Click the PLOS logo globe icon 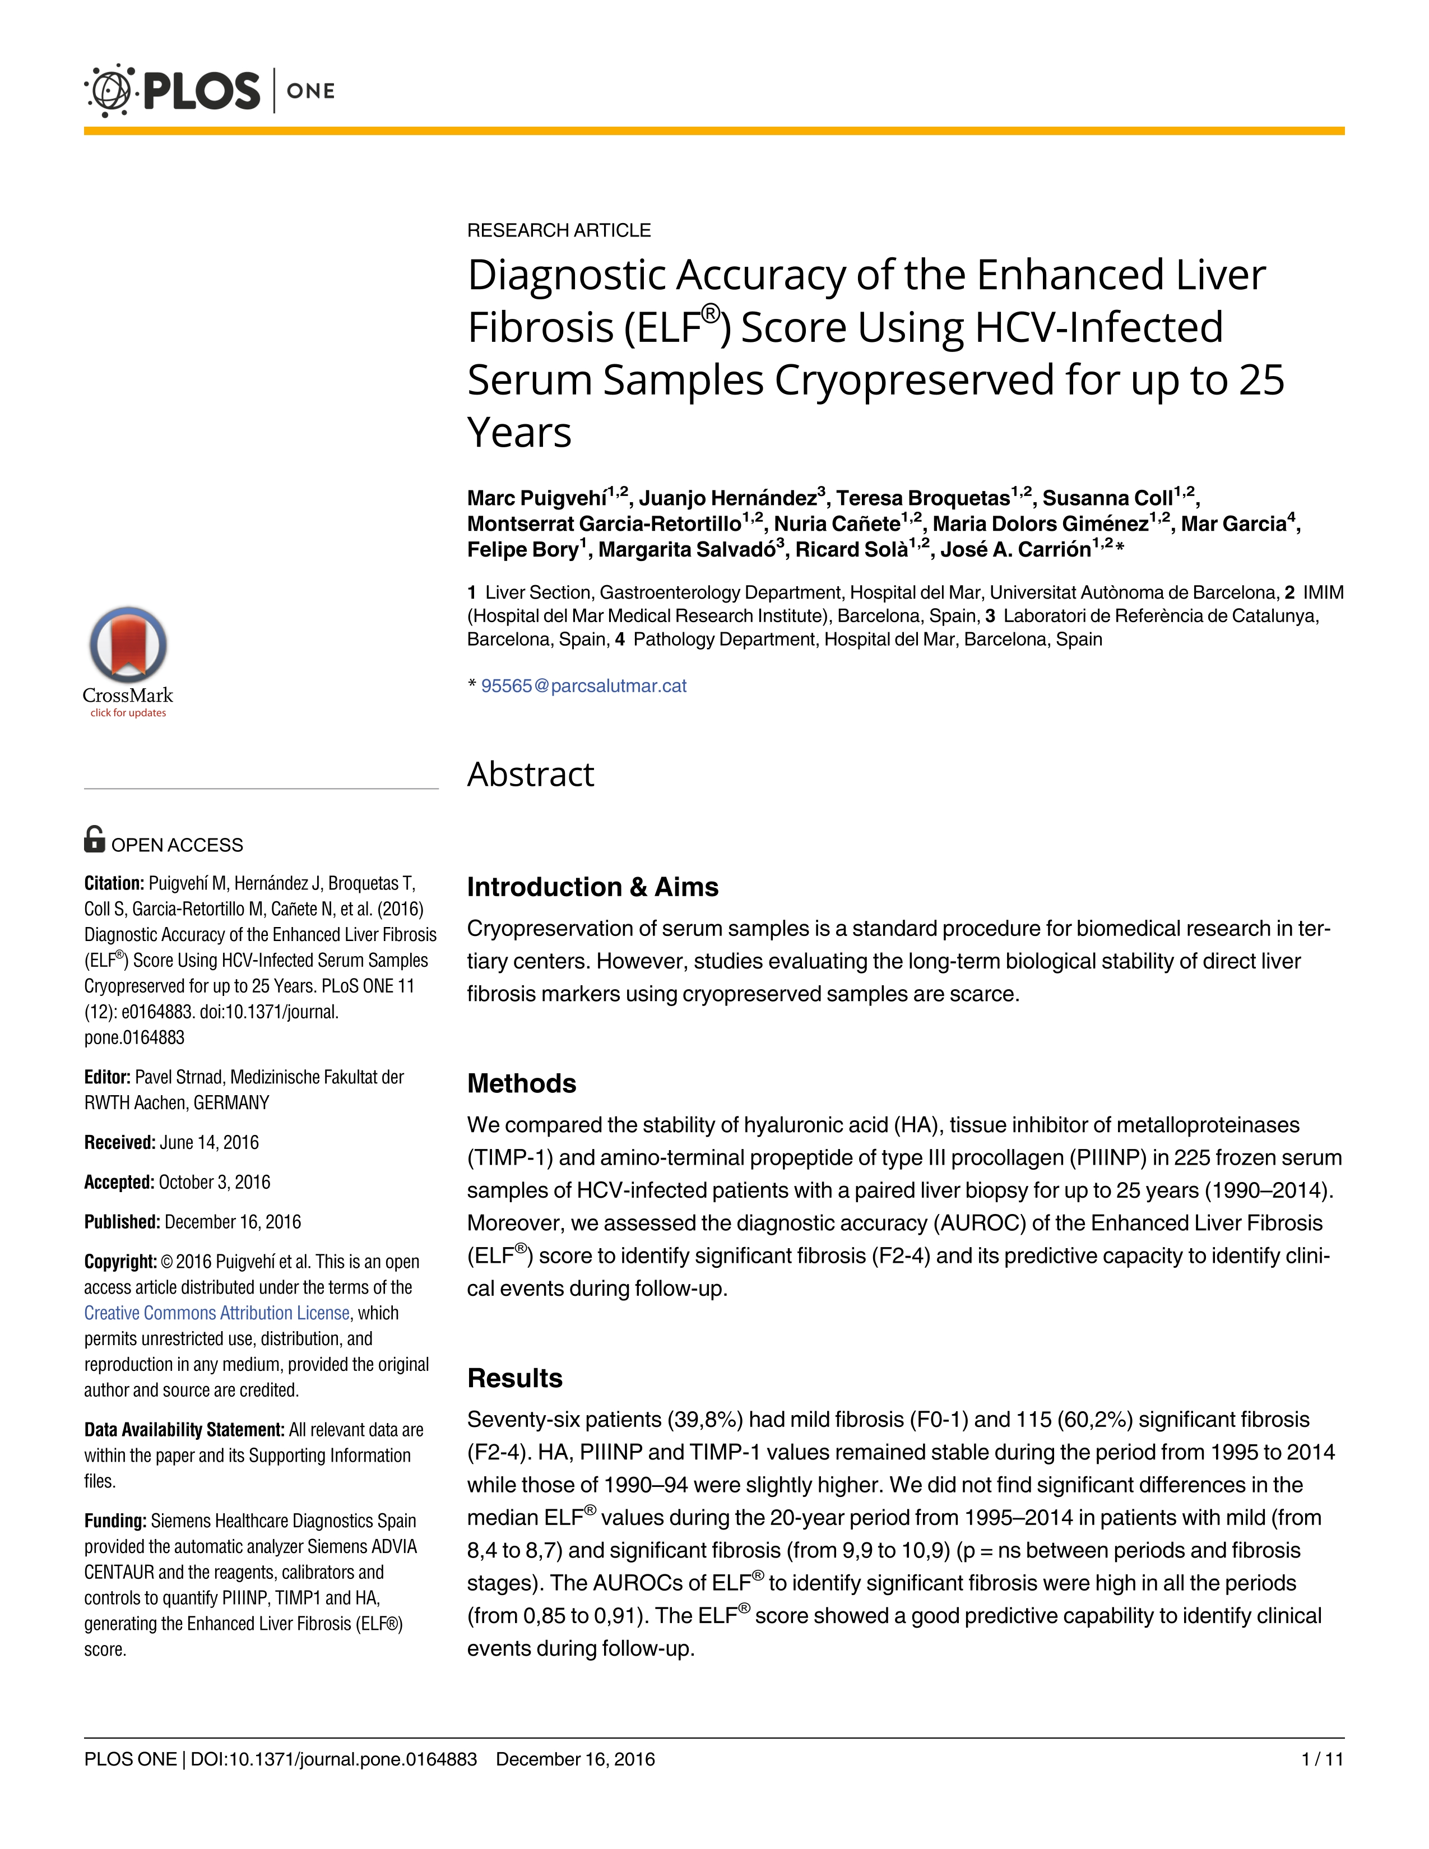point(109,90)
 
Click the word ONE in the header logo point(310,91)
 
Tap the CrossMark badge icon point(128,645)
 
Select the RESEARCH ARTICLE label point(559,230)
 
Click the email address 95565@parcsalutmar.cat point(583,686)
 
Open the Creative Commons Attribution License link point(217,1313)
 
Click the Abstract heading point(530,774)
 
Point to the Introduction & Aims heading point(592,887)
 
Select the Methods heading point(522,1083)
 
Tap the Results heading point(514,1378)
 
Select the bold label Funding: point(115,1521)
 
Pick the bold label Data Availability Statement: point(184,1430)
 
